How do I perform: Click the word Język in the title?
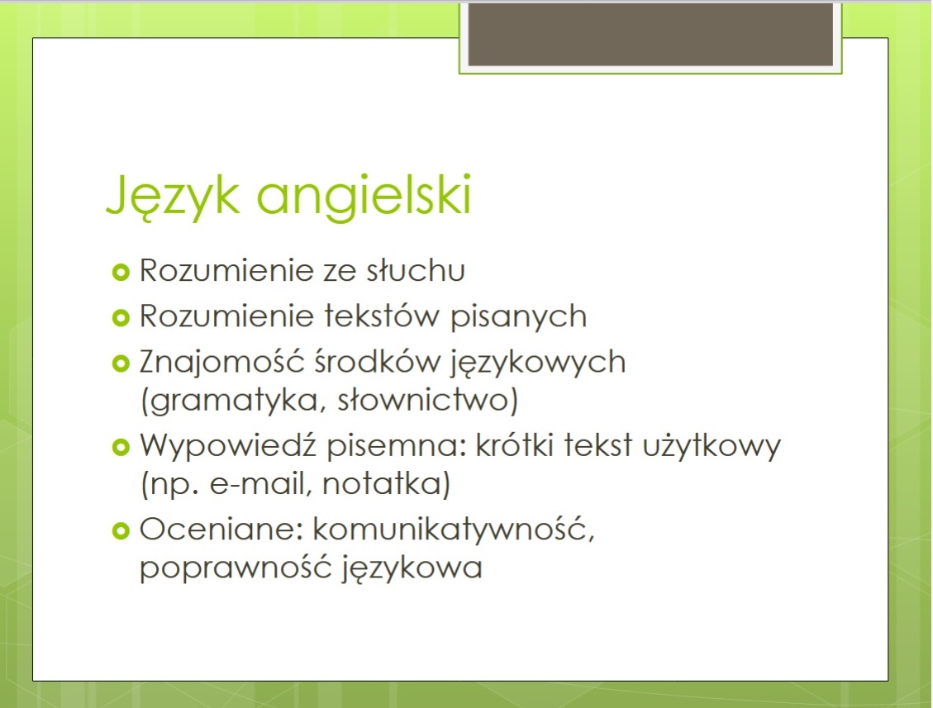pos(173,197)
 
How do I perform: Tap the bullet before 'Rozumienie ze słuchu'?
pos(121,273)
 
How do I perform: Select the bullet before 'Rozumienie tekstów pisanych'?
pos(121,318)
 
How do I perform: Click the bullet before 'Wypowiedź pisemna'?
pos(121,447)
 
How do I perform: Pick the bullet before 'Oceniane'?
pos(121,530)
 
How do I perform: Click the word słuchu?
pos(416,271)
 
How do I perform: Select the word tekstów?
pos(382,316)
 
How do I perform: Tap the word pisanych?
pos(518,317)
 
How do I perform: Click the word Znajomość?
pos(222,363)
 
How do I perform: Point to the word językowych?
pos(539,364)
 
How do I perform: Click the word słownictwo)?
pos(428,400)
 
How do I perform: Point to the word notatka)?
pos(386,483)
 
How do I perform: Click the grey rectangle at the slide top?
pos(650,34)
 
